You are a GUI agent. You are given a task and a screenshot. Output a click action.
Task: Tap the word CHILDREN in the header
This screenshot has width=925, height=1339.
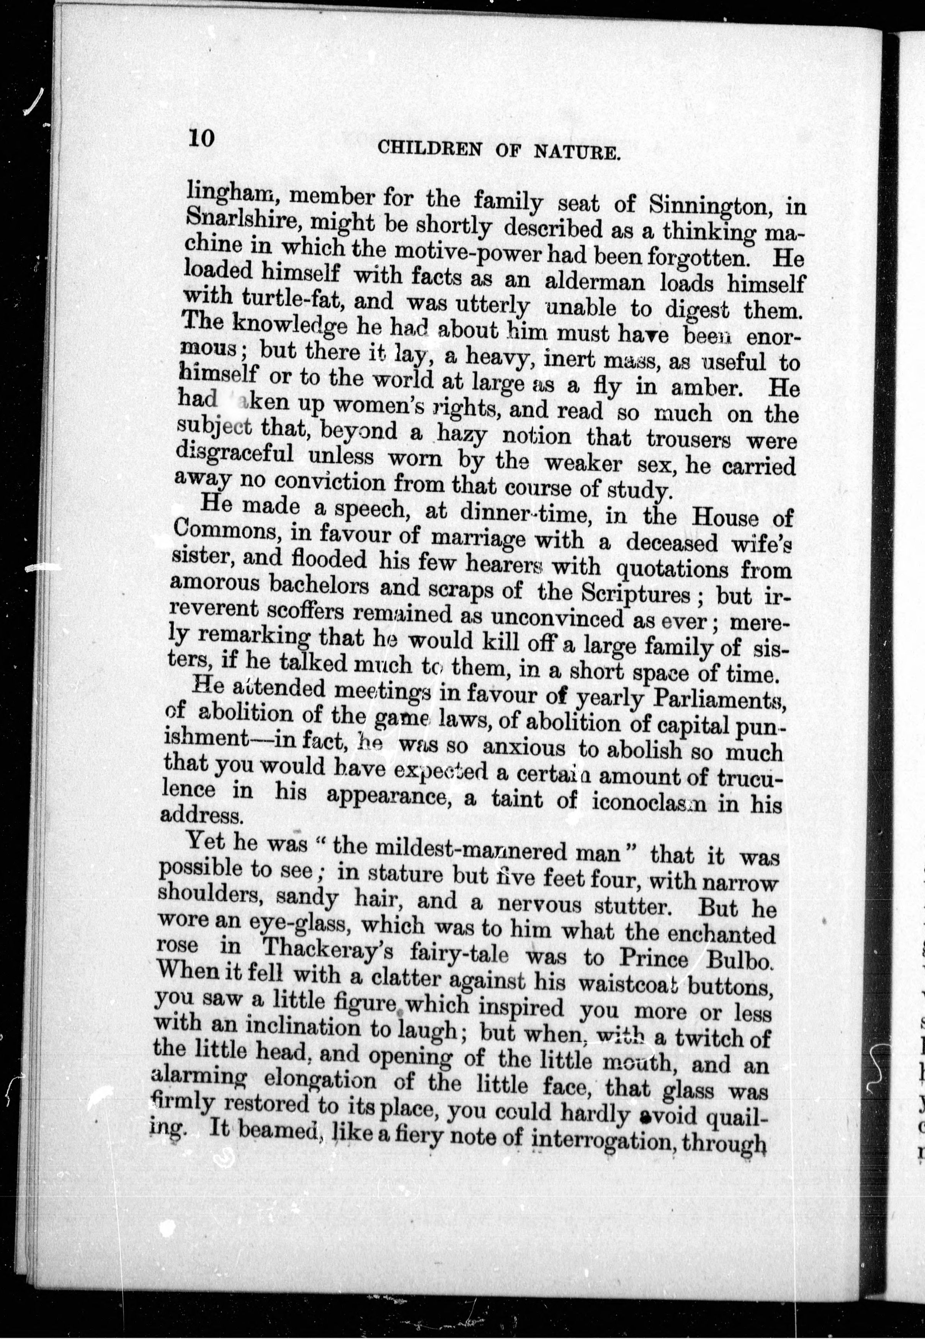coord(430,149)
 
